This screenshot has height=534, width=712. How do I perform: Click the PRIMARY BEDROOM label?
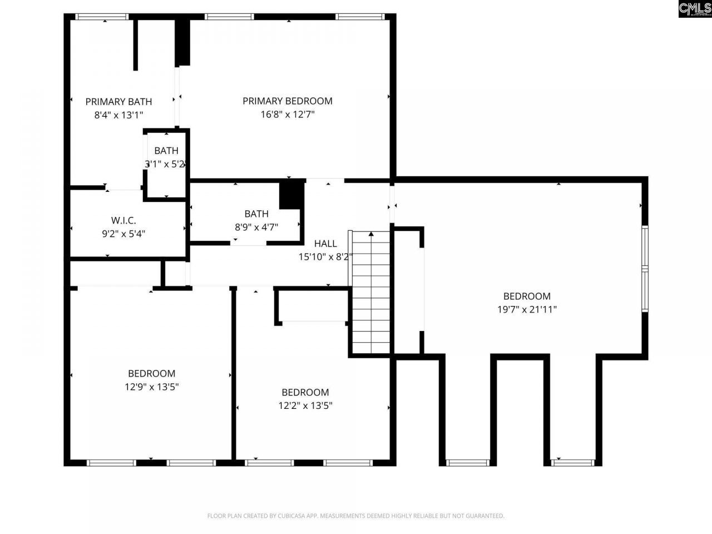click(287, 101)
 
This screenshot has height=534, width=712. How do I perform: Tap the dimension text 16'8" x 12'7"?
click(287, 115)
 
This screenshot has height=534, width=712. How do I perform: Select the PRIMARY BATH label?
click(118, 101)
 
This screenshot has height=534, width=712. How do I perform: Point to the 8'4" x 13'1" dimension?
click(118, 115)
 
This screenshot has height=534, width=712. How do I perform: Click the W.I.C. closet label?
click(123, 220)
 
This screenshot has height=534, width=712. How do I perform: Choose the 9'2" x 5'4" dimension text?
click(123, 234)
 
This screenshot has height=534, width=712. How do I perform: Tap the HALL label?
click(325, 243)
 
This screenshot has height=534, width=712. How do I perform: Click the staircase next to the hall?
click(371, 295)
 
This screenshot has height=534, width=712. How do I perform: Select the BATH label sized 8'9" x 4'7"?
click(256, 214)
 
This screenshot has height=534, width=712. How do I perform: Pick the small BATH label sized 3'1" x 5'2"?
click(166, 150)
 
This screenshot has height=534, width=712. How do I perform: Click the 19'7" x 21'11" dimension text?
click(527, 310)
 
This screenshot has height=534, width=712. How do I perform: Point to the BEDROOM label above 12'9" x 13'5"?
click(151, 373)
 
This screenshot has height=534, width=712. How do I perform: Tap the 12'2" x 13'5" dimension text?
click(305, 406)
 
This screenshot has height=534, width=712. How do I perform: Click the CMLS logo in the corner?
click(694, 9)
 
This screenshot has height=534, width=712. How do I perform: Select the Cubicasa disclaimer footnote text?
click(356, 516)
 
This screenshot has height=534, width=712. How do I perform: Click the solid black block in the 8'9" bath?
click(291, 195)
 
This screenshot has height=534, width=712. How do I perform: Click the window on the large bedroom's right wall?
click(645, 269)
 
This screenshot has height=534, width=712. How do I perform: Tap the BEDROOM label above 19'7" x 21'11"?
click(527, 296)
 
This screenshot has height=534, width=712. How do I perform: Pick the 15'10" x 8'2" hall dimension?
click(325, 257)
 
